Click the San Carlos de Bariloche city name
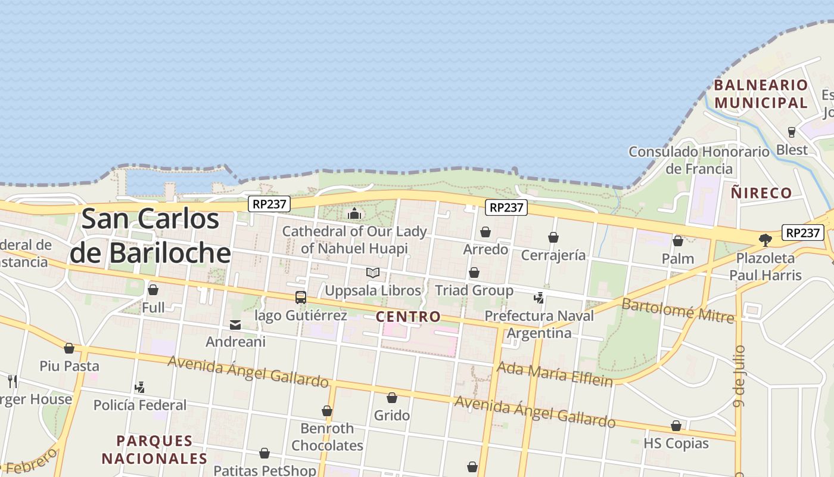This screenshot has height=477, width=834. [x=150, y=236]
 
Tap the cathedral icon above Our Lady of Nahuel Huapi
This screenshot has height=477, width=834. [x=355, y=213]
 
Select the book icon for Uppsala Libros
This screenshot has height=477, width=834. [x=373, y=273]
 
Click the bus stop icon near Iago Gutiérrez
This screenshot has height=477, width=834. [x=301, y=297]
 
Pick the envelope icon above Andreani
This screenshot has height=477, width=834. [x=235, y=325]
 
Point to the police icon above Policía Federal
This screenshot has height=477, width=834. [x=140, y=388]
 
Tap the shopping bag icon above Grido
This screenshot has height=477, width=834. [x=392, y=398]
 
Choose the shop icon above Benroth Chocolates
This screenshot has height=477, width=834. [x=327, y=411]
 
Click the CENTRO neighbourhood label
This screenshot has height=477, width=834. [x=408, y=317]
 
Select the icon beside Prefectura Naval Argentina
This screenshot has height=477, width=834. [x=539, y=298]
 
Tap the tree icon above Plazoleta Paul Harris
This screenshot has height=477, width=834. [x=765, y=240]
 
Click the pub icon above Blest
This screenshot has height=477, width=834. [x=792, y=132]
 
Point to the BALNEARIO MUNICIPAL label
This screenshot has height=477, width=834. [x=761, y=94]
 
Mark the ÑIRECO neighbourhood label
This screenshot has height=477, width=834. [x=761, y=193]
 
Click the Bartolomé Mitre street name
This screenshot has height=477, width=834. [x=678, y=310]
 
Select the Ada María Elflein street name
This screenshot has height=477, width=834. [x=555, y=374]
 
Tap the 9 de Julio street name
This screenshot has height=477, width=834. [x=740, y=376]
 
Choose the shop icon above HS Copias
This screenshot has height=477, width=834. [x=676, y=426]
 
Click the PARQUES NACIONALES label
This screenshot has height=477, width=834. [x=154, y=450]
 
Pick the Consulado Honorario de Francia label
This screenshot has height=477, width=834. [x=699, y=160]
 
